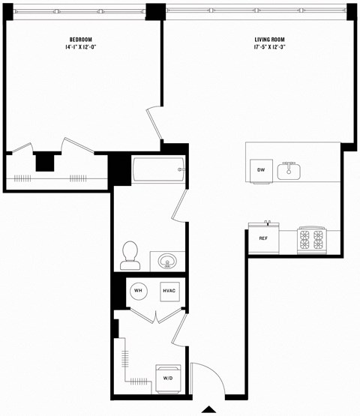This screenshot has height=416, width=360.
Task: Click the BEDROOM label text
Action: point(81,39)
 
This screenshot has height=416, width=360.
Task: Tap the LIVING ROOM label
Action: point(270,39)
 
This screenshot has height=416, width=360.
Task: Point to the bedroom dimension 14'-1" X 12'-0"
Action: point(81,47)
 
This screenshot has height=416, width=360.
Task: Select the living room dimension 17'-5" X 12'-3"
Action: point(270,47)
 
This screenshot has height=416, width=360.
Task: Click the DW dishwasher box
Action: point(261,170)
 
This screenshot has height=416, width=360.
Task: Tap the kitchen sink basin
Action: point(289,172)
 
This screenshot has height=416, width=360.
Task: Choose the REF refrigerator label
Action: point(263,238)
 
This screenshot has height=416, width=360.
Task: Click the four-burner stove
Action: point(311,239)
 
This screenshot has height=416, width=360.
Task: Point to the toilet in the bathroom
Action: point(130,254)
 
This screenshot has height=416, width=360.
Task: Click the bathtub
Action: point(158,170)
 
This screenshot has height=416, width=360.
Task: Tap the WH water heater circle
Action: point(138,291)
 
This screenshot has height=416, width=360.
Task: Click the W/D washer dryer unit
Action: point(168,378)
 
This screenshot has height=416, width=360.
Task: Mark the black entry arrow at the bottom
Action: point(208,409)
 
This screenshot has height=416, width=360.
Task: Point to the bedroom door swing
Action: point(154,124)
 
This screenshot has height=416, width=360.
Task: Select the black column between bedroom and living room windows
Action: point(155,11)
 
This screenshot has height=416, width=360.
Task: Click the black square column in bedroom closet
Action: point(45,161)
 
